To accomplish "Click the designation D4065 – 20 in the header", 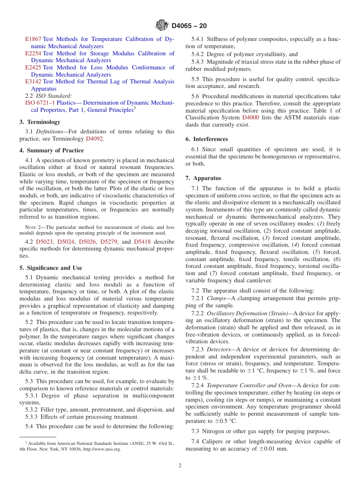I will (x=189, y=26).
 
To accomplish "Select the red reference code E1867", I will (x=33, y=39).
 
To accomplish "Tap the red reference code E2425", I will (x=33, y=67).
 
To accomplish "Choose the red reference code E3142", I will (x=33, y=81).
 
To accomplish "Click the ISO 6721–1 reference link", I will (x=40, y=103).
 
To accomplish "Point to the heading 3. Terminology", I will (x=40, y=122).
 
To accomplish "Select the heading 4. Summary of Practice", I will (x=52, y=150).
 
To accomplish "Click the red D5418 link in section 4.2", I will (x=142, y=241).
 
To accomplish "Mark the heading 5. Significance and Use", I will (x=51, y=268).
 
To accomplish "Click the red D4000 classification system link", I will (x=250, y=118).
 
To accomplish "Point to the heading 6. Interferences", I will (x=207, y=139).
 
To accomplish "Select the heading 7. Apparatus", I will (x=203, y=178).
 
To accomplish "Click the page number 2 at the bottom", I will (x=180, y=466).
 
